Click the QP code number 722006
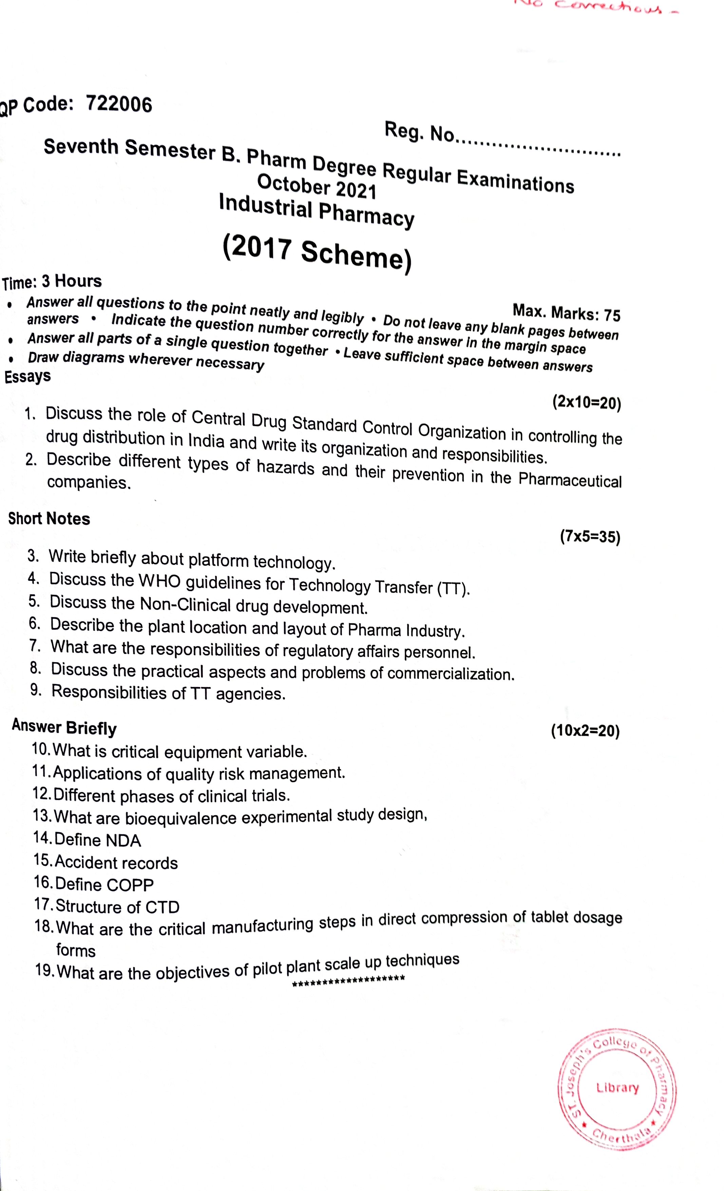[119, 104]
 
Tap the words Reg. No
[419, 131]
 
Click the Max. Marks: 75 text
[566, 312]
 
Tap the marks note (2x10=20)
[586, 402]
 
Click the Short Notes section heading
[49, 519]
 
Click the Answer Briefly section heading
[64, 727]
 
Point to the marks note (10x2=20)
[585, 730]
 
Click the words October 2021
[316, 186]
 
